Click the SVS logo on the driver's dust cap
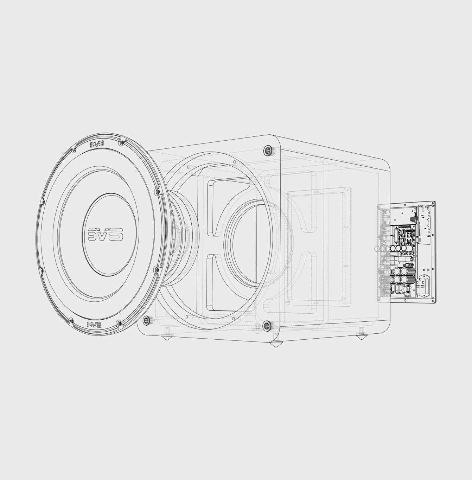pos(106,234)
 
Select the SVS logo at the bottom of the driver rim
pos(94,324)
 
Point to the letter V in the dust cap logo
pos(105,233)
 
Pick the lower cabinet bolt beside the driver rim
pos(147,320)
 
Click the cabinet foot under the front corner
pos(276,344)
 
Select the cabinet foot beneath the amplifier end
pos(362,337)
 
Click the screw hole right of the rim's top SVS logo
pos(121,143)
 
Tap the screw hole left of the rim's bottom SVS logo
pos(71,321)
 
